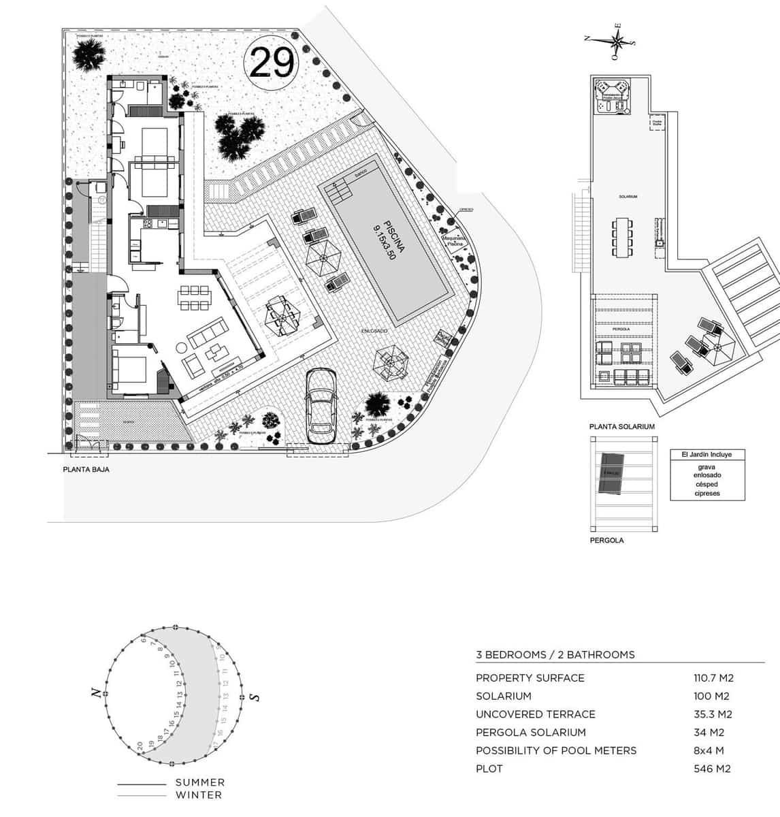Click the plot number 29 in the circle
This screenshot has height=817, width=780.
272,63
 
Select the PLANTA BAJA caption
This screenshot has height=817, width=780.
86,469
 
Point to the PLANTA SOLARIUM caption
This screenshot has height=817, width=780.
621,426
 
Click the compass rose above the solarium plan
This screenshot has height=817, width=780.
617,41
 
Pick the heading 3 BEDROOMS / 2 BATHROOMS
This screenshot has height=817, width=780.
555,655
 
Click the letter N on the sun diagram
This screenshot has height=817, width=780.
97,693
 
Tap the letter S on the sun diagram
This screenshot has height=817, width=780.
255,697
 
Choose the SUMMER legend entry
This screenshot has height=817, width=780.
199,783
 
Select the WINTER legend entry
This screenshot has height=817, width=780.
198,795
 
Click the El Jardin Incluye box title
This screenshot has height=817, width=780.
706,455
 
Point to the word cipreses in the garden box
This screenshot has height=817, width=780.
707,493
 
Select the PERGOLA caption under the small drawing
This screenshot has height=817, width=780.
606,541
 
